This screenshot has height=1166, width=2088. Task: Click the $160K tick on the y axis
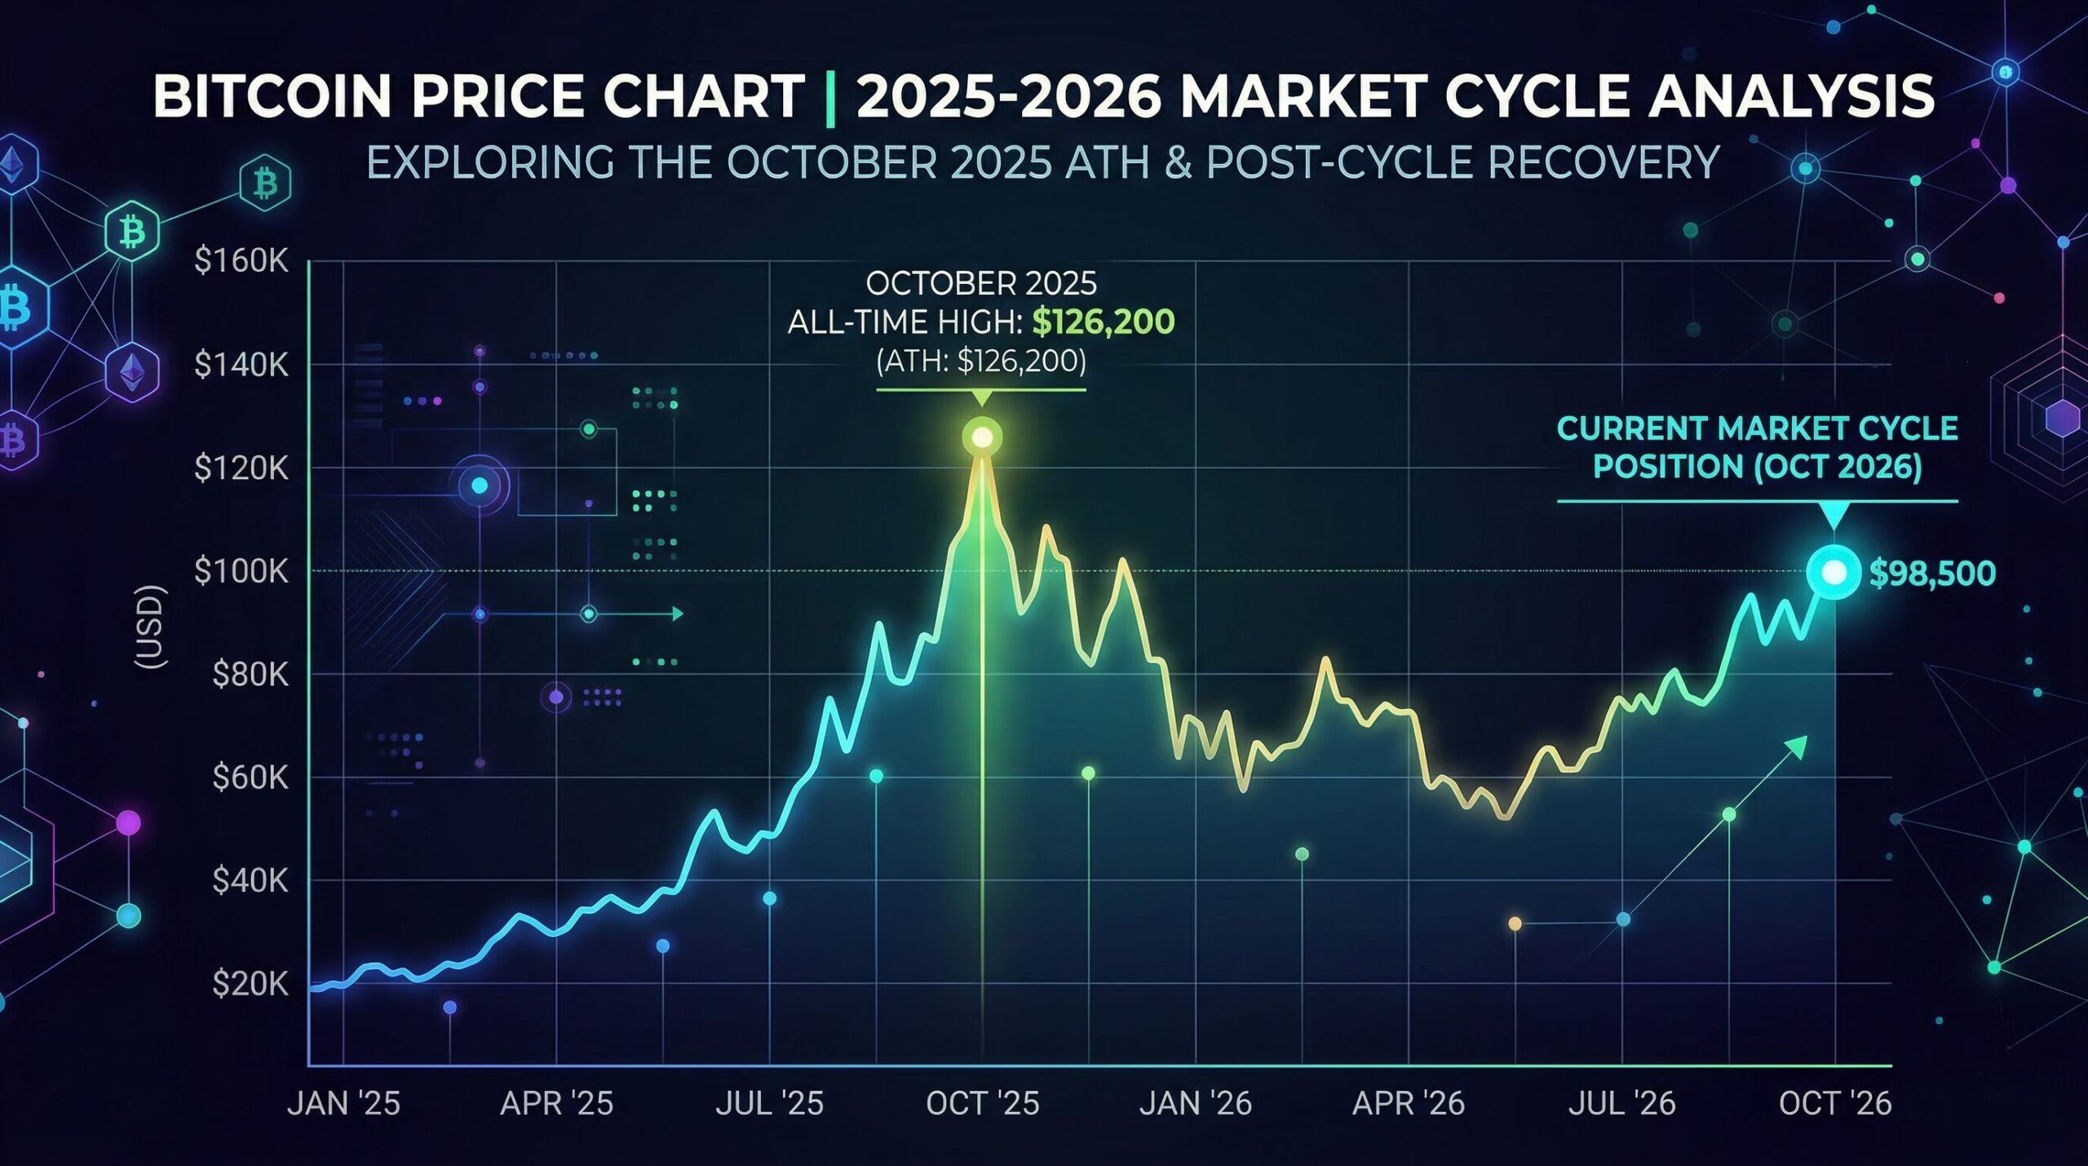241,261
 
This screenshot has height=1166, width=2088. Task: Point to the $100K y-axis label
241,571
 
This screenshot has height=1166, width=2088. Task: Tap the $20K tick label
250,984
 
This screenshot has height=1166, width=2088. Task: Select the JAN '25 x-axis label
343,1103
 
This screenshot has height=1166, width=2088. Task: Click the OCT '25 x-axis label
982,1103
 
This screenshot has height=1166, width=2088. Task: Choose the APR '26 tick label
1409,1103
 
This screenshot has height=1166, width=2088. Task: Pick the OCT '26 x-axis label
1834,1103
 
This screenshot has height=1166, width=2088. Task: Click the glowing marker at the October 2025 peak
982,438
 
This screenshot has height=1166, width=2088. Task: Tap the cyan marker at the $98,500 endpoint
1834,573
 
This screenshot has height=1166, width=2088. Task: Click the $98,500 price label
1932,574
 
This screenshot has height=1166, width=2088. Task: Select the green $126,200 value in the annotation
1103,322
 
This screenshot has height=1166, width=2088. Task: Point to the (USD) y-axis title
150,627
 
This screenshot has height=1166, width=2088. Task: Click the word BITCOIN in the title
272,96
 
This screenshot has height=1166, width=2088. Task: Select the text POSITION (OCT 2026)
1758,467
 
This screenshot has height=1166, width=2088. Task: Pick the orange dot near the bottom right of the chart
1515,924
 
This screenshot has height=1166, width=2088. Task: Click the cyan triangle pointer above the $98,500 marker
1834,516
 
